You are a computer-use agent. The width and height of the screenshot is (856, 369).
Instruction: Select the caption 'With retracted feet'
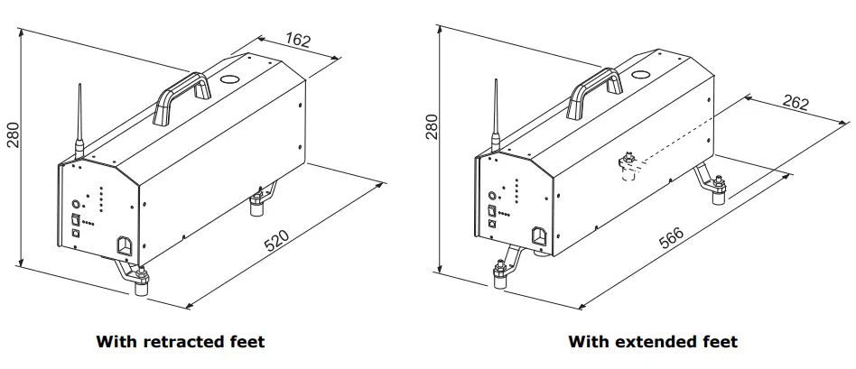180,342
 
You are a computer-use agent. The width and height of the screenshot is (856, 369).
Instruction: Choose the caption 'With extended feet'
652,342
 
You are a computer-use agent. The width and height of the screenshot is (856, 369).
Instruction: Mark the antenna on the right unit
495,117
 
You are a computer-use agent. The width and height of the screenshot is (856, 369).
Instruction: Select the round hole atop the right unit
642,77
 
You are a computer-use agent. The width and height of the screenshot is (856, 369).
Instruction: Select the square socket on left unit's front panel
123,245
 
